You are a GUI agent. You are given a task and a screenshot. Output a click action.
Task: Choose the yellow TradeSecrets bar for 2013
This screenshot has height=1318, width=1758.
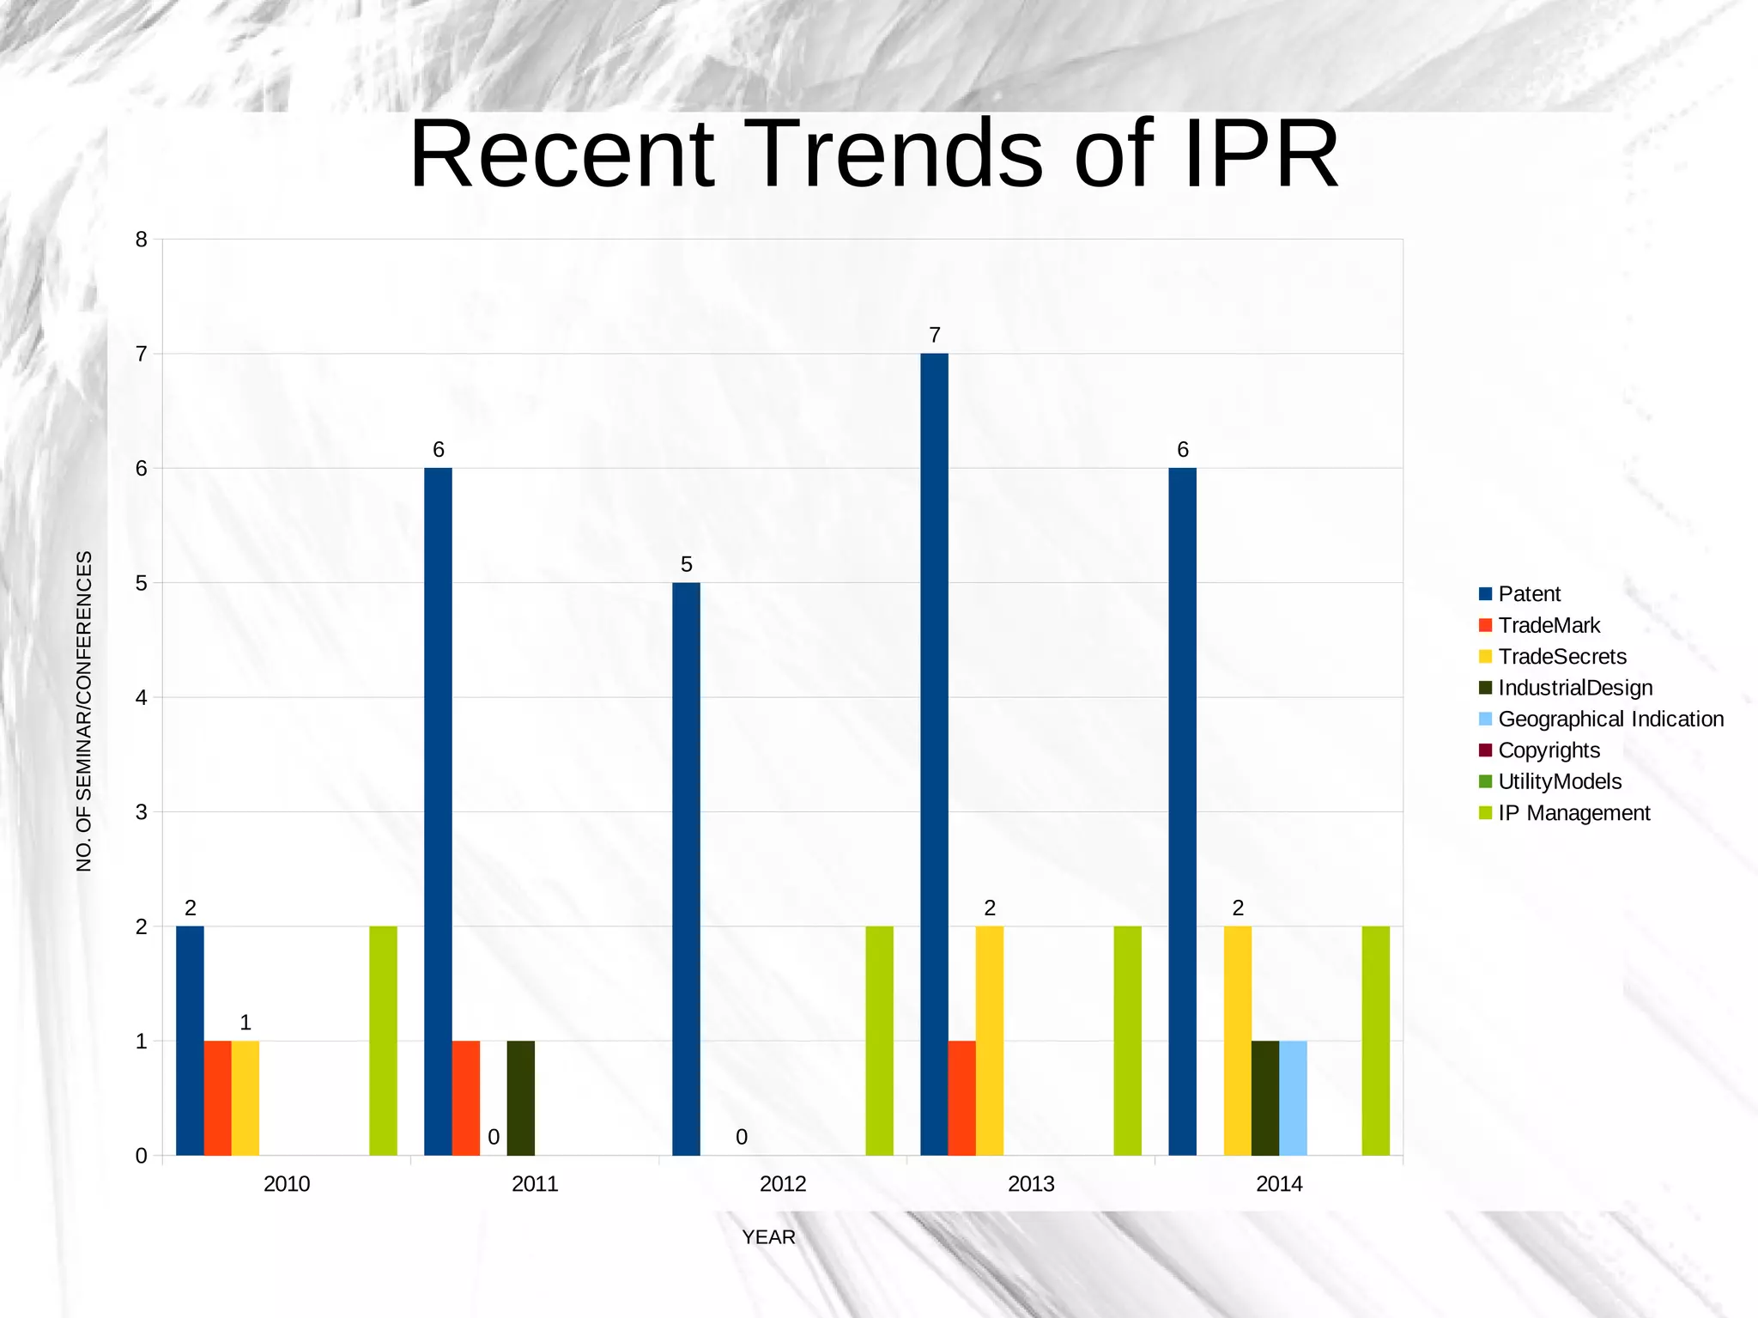coord(989,1041)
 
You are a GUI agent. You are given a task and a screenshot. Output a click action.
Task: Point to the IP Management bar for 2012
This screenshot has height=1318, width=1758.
coord(879,1041)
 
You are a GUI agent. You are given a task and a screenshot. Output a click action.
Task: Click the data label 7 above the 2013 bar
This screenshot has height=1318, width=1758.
coord(935,335)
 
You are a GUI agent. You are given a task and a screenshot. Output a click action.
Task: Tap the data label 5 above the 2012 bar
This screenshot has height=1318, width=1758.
coord(686,564)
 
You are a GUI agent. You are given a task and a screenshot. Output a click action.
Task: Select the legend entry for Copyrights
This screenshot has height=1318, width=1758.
coord(1549,750)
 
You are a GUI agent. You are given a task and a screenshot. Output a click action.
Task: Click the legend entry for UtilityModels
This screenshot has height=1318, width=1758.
coord(1560,781)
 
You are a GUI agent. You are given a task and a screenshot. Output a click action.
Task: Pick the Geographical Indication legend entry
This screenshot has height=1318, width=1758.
coord(1610,719)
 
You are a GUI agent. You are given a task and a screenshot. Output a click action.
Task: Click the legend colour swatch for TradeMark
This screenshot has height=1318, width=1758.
coord(1486,625)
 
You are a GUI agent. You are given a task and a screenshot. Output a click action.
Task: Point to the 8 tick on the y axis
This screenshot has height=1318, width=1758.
coord(142,240)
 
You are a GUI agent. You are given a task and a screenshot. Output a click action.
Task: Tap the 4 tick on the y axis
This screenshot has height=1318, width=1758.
coord(142,697)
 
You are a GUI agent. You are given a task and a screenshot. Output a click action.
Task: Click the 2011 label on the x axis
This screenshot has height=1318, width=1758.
coord(535,1184)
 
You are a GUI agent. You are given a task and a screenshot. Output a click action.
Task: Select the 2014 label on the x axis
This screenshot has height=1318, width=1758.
coord(1279,1184)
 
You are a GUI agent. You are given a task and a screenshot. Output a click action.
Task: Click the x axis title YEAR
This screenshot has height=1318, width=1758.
coord(768,1237)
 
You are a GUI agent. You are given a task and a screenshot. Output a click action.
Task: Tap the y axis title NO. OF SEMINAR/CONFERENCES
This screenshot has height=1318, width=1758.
coord(84,711)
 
